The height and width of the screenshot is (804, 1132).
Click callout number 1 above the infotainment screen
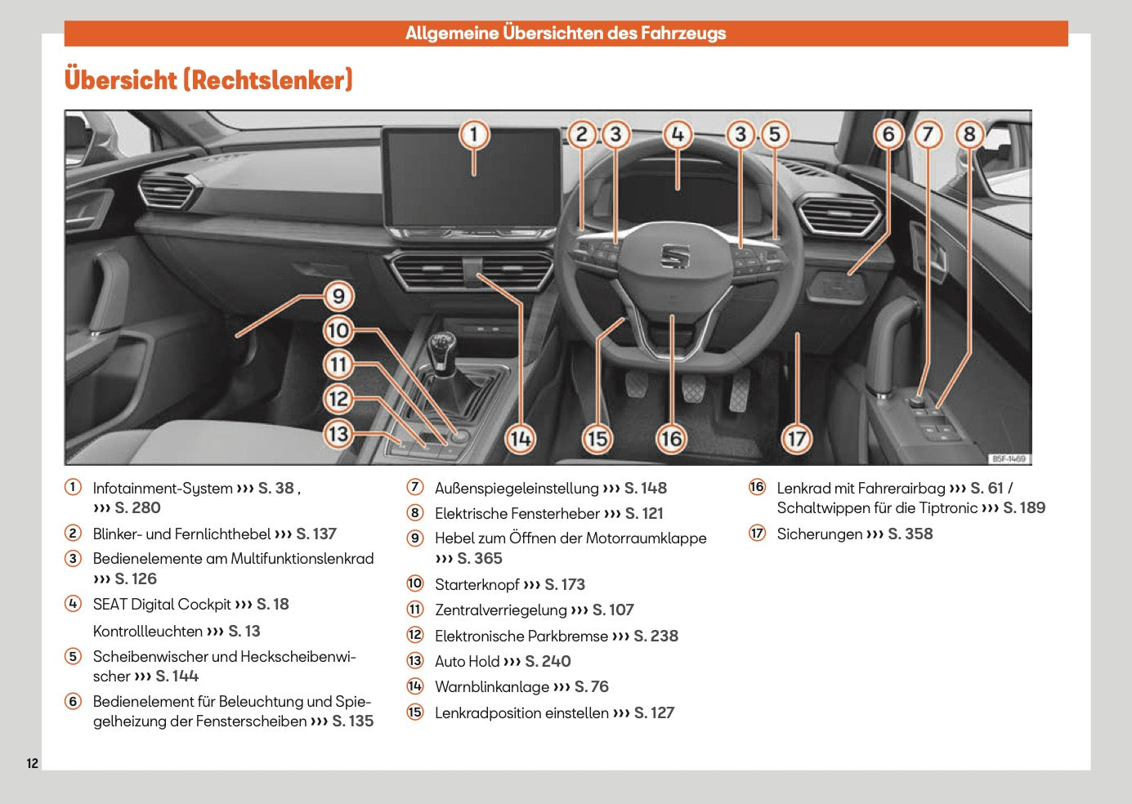pyautogui.click(x=474, y=135)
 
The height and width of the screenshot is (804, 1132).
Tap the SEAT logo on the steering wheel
pyautogui.click(x=675, y=256)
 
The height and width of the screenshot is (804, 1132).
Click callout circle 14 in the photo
pyautogui.click(x=521, y=439)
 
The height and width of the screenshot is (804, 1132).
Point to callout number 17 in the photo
pyautogui.click(x=797, y=439)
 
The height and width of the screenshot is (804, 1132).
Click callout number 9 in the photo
pyautogui.click(x=338, y=296)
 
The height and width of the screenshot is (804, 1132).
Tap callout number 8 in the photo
pyautogui.click(x=969, y=134)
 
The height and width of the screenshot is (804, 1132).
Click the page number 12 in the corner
pyautogui.click(x=32, y=763)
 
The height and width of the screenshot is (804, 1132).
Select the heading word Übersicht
pyautogui.click(x=120, y=80)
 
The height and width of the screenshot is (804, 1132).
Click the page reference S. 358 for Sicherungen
pyautogui.click(x=910, y=534)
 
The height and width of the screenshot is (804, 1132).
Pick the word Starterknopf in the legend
pyautogui.click(x=477, y=584)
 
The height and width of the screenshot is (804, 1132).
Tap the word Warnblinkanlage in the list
pyautogui.click(x=492, y=686)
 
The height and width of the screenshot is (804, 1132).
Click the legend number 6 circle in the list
pyautogui.click(x=74, y=701)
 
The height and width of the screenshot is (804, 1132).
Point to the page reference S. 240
pyautogui.click(x=548, y=661)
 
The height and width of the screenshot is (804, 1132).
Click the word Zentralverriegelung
pyautogui.click(x=500, y=610)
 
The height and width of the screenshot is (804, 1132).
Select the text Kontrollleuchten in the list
pyautogui.click(x=147, y=631)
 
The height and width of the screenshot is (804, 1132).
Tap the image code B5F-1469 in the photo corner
pyautogui.click(x=1009, y=458)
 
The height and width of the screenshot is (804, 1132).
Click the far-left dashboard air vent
pyautogui.click(x=168, y=193)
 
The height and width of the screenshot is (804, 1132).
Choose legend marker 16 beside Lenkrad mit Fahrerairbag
pyautogui.click(x=758, y=488)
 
